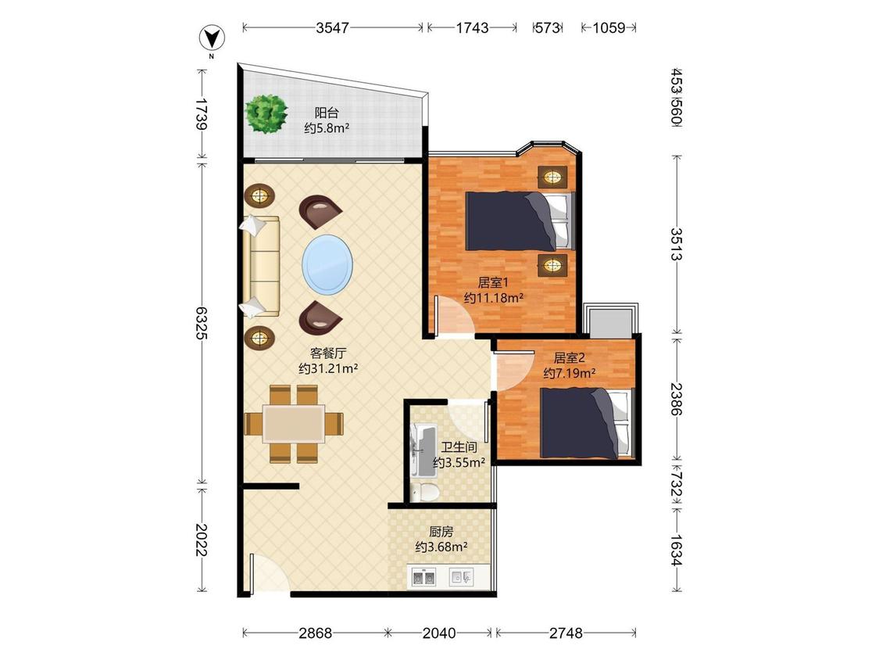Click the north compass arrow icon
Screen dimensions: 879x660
point(212,38)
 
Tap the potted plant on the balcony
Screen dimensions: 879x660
point(266,113)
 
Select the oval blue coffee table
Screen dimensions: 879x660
point(327,264)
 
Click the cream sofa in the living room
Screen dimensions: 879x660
point(261,267)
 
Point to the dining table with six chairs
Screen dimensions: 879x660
point(294,423)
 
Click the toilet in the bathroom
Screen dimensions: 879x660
point(424,492)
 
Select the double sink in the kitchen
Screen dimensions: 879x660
point(423,576)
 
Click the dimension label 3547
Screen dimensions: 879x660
point(332,27)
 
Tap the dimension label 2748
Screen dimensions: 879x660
point(566,633)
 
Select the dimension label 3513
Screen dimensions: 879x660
point(677,244)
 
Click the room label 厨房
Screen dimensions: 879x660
point(441,531)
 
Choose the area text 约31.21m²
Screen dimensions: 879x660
point(328,369)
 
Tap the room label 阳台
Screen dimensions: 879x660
point(327,113)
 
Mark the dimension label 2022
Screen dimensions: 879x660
point(202,540)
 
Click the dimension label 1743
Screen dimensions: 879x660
point(472,27)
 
